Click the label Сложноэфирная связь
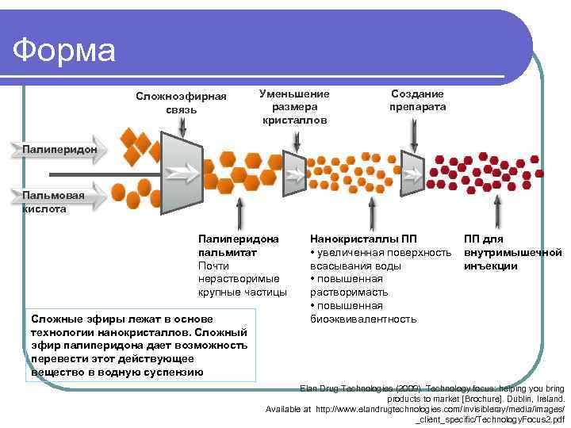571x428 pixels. pos(181,102)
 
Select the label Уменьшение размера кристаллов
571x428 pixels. pos(294,106)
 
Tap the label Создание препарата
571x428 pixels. pos(417,100)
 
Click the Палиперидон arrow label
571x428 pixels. pos(59,148)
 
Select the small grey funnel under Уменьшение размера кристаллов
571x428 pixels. pos(293,173)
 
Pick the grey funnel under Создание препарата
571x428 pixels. pos(412,170)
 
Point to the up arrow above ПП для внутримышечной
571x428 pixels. pos(497,210)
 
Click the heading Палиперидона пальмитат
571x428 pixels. pos(238,245)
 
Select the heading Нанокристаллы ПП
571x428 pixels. pos(362,239)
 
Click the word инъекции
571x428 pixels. pos(491,266)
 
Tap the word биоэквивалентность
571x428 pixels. pos(362,319)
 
